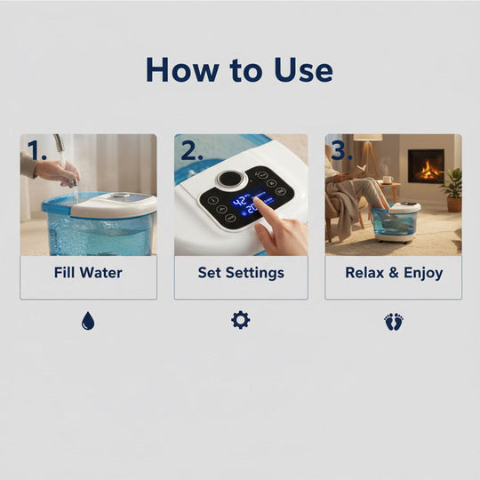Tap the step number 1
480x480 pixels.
point(36,151)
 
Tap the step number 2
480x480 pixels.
point(189,151)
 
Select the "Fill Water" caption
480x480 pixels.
point(88,272)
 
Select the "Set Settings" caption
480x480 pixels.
point(241,272)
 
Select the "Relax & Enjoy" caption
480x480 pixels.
point(393,272)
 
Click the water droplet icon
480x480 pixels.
point(87,321)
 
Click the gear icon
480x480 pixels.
point(240,320)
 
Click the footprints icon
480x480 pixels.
point(394,321)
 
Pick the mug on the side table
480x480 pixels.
point(388,179)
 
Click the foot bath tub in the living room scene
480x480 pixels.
point(397,222)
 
